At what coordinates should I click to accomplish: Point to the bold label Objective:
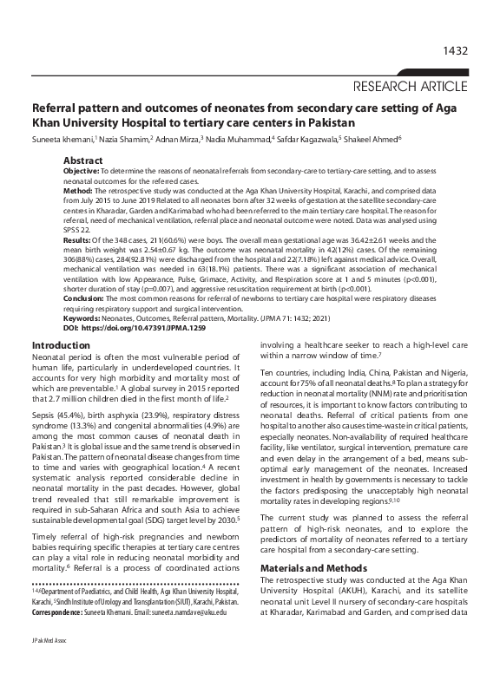click(81, 173)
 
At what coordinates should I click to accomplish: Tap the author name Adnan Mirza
click(182, 139)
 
